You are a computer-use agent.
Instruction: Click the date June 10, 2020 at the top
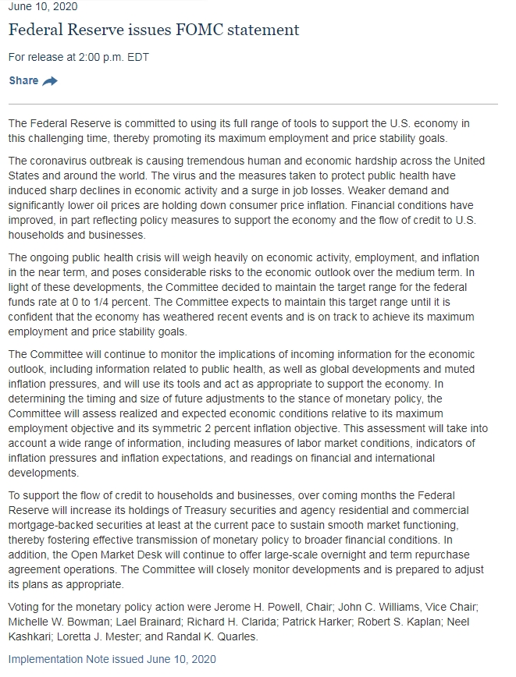tap(43, 7)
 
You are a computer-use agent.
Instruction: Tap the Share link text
tap(23, 81)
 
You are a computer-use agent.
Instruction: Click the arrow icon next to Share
tap(50, 81)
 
